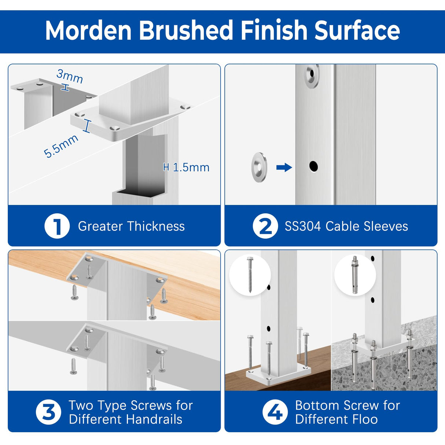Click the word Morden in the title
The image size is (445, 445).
pos(88,30)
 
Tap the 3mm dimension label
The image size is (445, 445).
pos(70,76)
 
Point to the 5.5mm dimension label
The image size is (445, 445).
pos(61,146)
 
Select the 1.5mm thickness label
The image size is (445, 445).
pos(191,167)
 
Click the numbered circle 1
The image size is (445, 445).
pos(57,226)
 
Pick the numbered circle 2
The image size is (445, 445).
pos(265,226)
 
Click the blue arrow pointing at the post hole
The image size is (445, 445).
pos(284,168)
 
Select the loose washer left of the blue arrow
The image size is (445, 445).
pos(259,167)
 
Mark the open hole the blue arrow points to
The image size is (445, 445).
pos(313,166)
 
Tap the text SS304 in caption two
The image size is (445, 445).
pos(303,226)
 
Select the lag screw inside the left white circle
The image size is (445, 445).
pos(250,275)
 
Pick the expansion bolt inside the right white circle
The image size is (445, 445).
pos(355,275)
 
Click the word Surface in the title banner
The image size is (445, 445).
pos(357,30)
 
